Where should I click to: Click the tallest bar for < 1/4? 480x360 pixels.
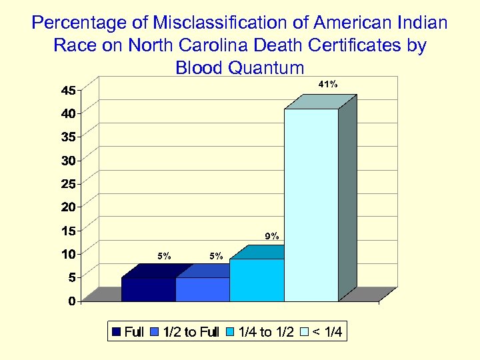pos(311,203)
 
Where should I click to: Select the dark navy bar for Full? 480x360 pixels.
pos(149,289)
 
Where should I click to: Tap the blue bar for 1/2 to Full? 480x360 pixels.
pos(203,289)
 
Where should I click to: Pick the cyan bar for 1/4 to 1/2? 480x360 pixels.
pos(257,280)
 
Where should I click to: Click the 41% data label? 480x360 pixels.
pos(327,85)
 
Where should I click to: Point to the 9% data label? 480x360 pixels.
pos(272,236)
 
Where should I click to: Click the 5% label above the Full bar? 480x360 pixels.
pos(164,255)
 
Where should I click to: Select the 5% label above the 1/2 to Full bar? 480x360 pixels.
pos(216,255)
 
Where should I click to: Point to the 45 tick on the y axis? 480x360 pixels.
pos(69,90)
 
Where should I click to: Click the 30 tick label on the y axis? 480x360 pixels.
pos(69,160)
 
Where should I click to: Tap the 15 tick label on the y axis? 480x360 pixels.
pos(69,231)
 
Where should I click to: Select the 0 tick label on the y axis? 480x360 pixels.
pos(71,301)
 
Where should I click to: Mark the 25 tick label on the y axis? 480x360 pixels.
pos(69,183)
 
